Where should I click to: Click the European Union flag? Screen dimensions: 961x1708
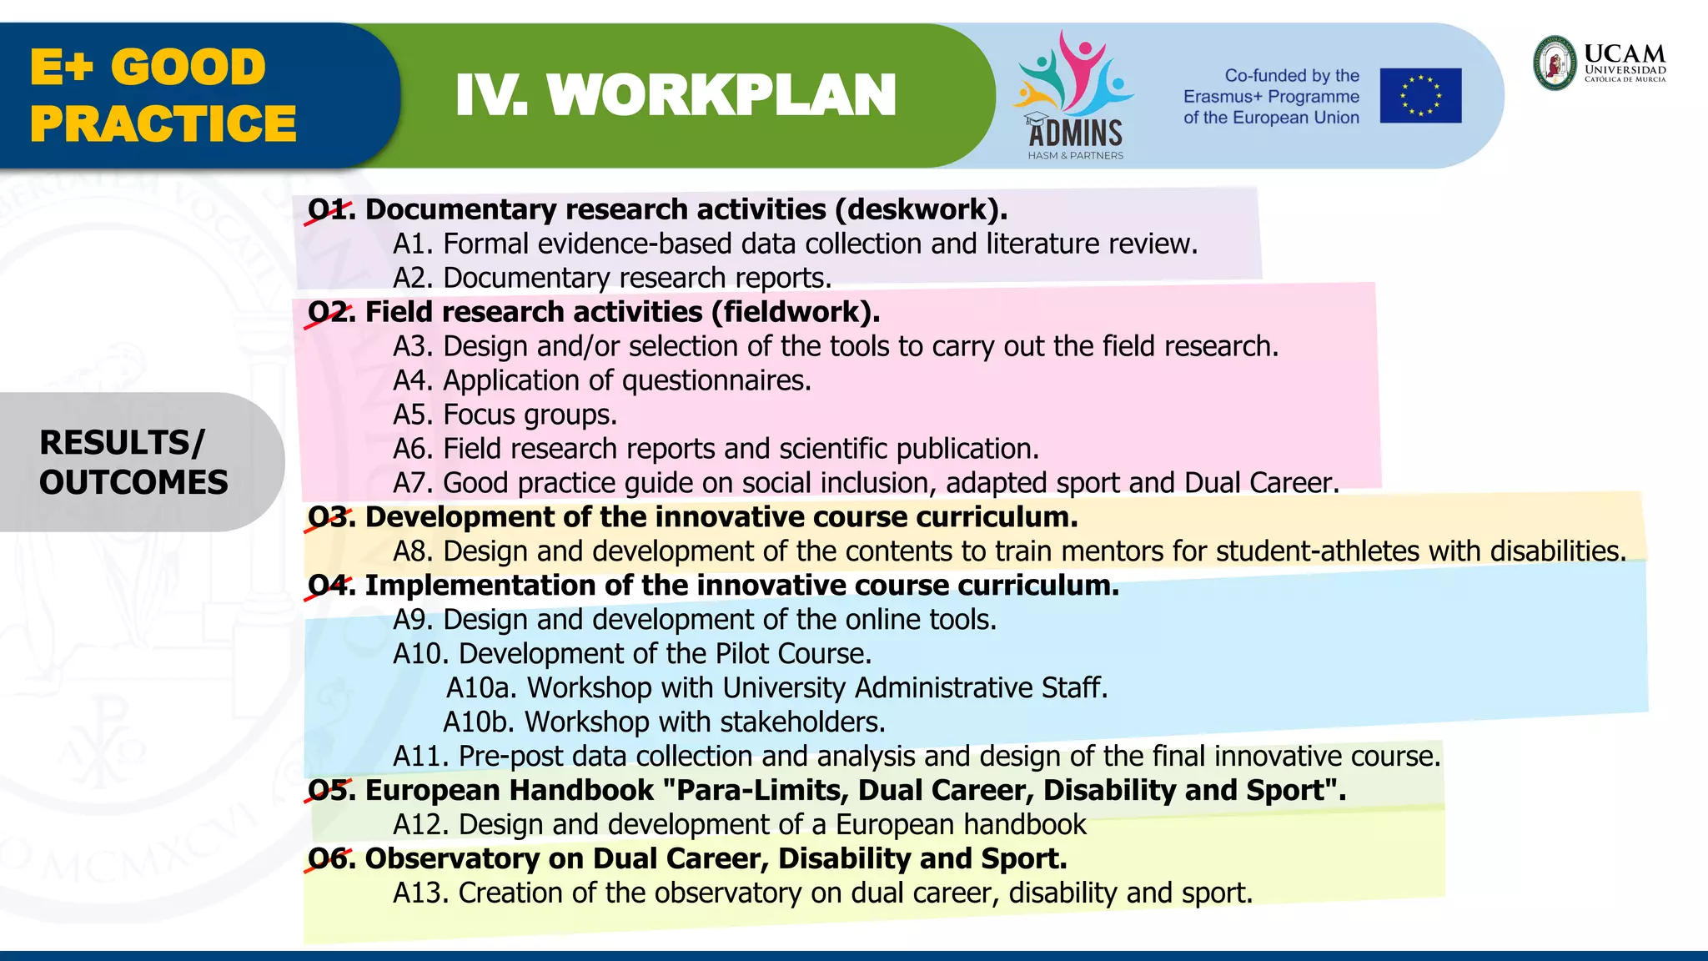pyautogui.click(x=1420, y=95)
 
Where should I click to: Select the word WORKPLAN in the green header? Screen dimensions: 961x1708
pyautogui.click(x=721, y=95)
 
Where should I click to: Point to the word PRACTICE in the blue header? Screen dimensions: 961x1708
pyautogui.click(x=163, y=123)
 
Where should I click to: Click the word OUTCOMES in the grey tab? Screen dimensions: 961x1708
pyautogui.click(x=133, y=482)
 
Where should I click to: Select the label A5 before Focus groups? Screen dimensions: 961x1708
pyautogui.click(x=414, y=415)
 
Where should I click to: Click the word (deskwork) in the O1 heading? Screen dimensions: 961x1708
pyautogui.click(x=922, y=209)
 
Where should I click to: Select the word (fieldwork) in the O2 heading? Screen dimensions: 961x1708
pyautogui.click(x=795, y=312)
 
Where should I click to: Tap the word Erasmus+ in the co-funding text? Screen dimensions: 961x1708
pyautogui.click(x=1222, y=97)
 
